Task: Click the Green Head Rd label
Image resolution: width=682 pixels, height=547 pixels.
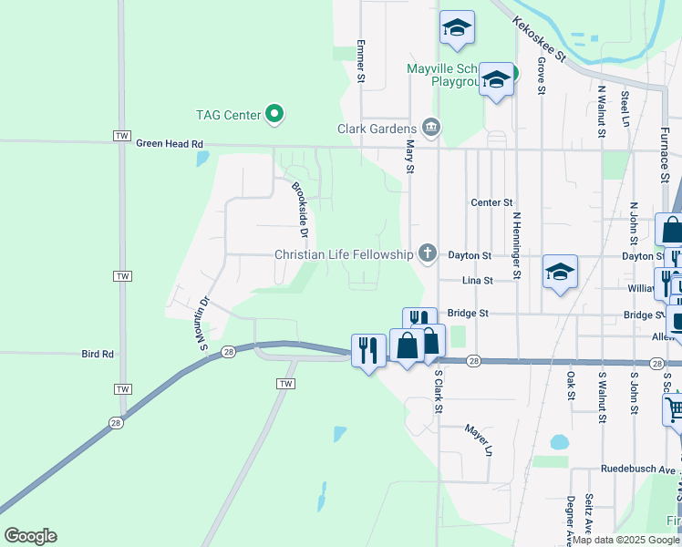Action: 170,143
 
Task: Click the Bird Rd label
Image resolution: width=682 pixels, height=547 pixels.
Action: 97,354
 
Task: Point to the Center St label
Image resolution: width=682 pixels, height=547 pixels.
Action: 492,202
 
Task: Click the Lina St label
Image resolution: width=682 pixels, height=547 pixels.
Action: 477,281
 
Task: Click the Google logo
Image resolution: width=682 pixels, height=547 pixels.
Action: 30,536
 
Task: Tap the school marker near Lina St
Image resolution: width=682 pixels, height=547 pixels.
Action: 560,272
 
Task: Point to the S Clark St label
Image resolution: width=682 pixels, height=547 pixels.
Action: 438,390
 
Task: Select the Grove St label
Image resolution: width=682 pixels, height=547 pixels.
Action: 542,76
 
